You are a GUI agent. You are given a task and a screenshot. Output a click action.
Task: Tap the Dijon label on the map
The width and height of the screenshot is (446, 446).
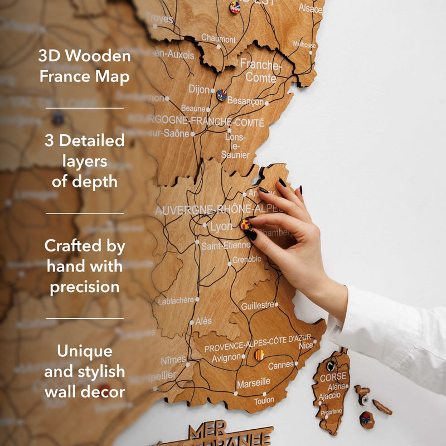[199, 89]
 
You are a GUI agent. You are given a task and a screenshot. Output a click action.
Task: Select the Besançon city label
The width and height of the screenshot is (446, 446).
[246, 101]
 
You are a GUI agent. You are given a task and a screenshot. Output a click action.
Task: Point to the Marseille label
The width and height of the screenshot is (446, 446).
[253, 384]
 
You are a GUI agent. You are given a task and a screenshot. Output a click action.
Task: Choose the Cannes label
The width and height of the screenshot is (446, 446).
[280, 366]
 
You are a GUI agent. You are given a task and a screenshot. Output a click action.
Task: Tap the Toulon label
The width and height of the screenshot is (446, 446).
[264, 400]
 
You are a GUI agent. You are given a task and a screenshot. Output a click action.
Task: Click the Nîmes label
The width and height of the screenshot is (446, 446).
[173, 360]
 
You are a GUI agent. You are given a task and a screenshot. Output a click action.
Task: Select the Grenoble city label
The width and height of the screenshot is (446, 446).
[246, 259]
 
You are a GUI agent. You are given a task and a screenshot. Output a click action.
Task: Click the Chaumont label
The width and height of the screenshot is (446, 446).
[218, 39]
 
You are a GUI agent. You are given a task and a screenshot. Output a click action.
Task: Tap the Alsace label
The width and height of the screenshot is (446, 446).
[310, 8]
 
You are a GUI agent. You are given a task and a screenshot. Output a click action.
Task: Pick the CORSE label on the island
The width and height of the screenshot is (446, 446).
[333, 377]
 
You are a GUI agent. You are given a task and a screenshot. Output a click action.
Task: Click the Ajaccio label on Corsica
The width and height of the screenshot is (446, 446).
[329, 396]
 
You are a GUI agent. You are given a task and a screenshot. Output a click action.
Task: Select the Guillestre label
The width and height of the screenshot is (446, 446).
[258, 306]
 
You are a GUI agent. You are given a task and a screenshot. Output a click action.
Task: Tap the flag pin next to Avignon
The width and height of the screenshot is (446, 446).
[259, 355]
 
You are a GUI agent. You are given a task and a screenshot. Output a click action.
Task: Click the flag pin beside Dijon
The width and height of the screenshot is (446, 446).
[221, 95]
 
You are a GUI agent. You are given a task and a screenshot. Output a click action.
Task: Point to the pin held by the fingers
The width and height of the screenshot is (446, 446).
[245, 225]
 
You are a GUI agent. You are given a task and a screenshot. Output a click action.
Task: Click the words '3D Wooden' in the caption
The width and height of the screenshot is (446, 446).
[85, 56]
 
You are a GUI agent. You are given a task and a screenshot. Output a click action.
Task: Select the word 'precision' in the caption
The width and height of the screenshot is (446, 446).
[85, 287]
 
